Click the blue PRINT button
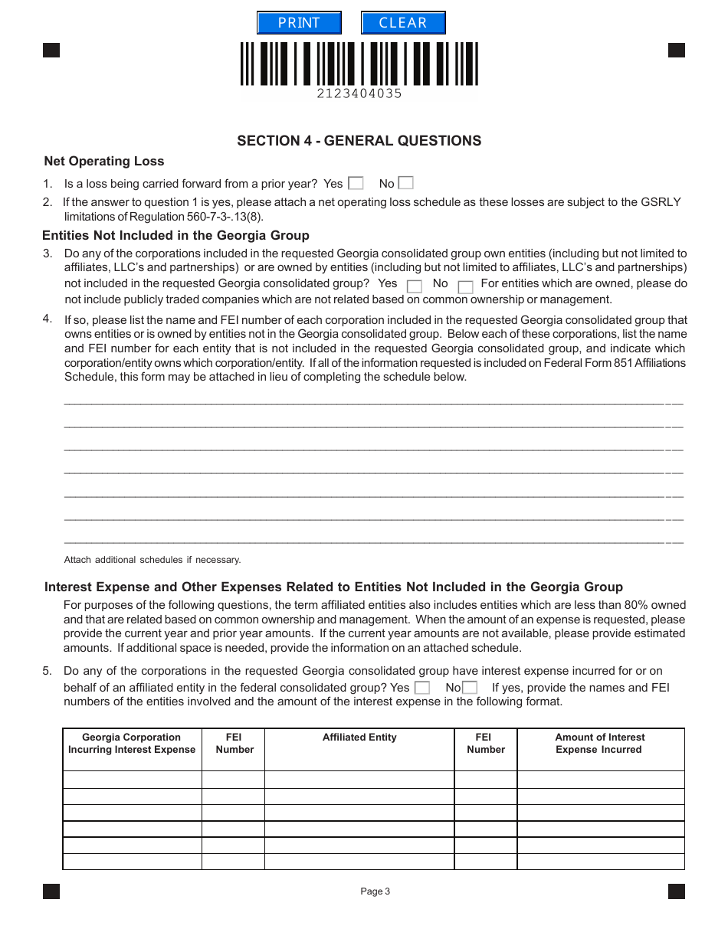[x=299, y=23]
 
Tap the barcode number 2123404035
[x=359, y=93]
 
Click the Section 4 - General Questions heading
[x=359, y=141]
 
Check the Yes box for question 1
[x=356, y=183]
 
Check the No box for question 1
[x=406, y=183]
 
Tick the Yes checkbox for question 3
[x=414, y=286]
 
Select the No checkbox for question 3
[x=465, y=286]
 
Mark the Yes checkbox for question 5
[x=421, y=688]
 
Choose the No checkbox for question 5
[x=470, y=688]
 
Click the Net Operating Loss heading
[x=104, y=161]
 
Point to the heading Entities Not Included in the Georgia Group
[x=175, y=235]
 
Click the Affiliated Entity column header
[x=359, y=738]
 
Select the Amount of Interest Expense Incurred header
[x=600, y=744]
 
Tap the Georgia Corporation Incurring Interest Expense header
[x=132, y=744]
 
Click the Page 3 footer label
[x=375, y=891]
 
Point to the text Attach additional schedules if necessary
[x=152, y=560]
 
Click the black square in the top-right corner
[x=677, y=51]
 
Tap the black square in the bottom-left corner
[x=51, y=891]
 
